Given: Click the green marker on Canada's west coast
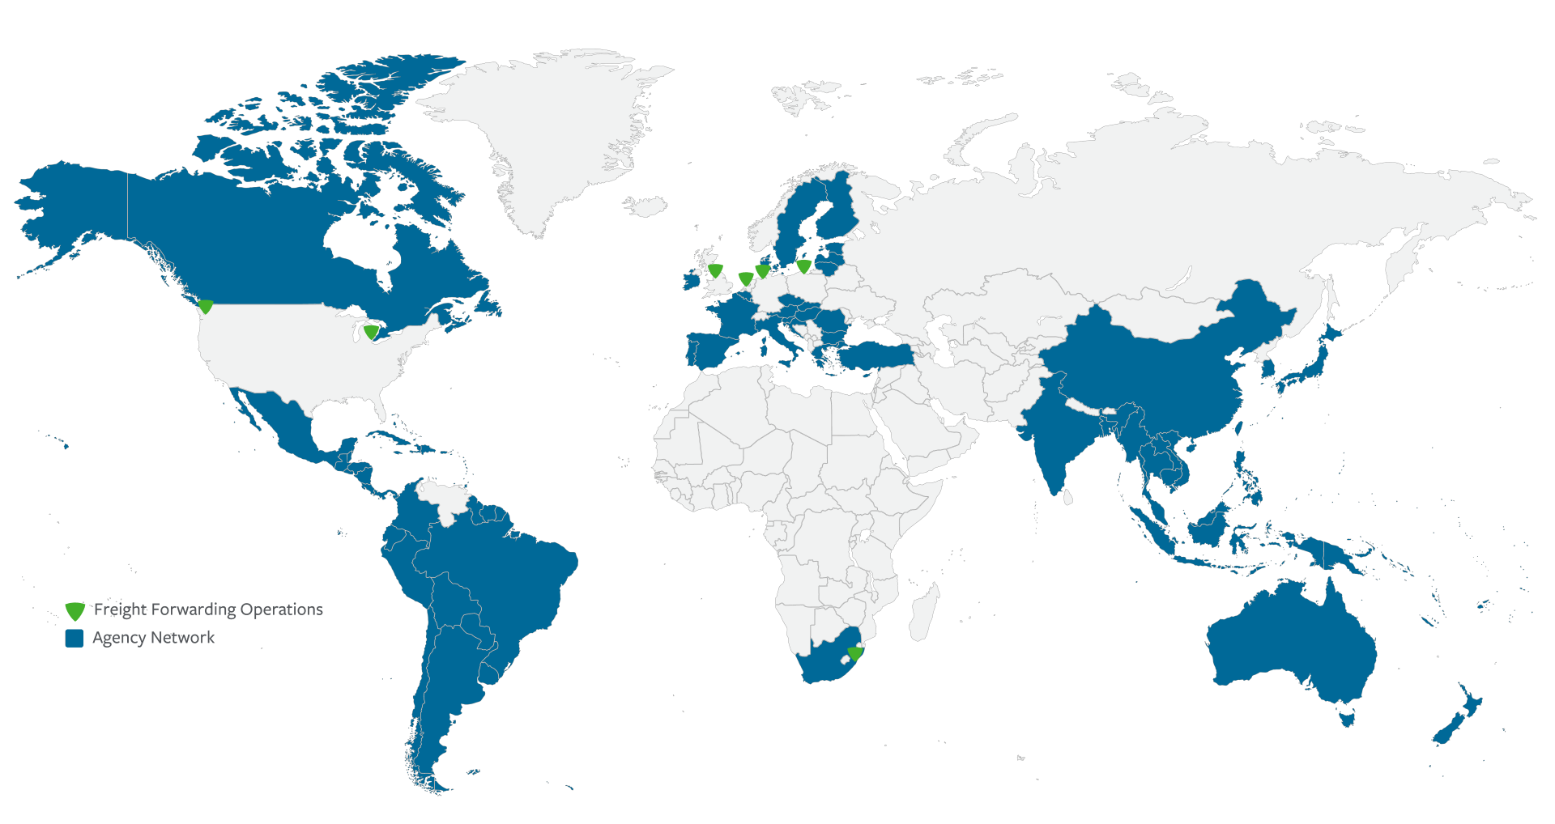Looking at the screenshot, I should pyautogui.click(x=206, y=307).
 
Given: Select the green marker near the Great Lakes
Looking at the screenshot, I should pyautogui.click(x=371, y=332).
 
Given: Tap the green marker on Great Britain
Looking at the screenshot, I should pyautogui.click(x=715, y=270).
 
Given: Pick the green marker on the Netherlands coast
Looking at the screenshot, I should pyautogui.click(x=746, y=279).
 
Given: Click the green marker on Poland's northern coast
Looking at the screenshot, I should pyautogui.click(x=803, y=265).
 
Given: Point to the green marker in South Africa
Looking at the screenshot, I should pyautogui.click(x=855, y=652).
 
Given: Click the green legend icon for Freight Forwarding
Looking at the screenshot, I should pyautogui.click(x=75, y=610).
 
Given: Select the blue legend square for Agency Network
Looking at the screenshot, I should pyautogui.click(x=75, y=638).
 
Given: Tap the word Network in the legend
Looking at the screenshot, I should pyautogui.click(x=187, y=638).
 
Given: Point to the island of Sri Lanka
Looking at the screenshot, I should pyautogui.click(x=1067, y=496).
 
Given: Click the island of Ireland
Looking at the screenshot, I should pyautogui.click(x=691, y=280).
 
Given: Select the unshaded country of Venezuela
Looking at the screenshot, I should pyautogui.click(x=441, y=501).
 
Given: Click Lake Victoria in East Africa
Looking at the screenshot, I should pyautogui.click(x=866, y=536).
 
